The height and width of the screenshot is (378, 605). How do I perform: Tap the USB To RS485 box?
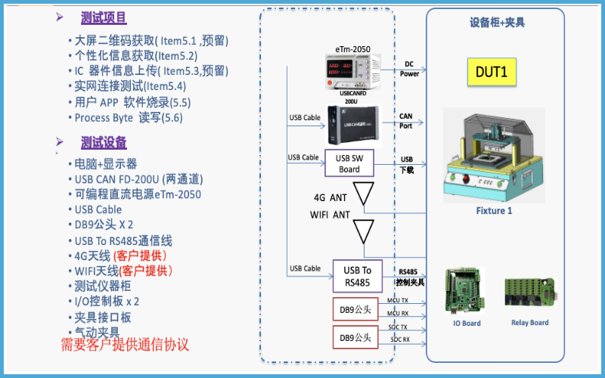pos(357,276)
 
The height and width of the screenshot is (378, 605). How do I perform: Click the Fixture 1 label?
pos(494,211)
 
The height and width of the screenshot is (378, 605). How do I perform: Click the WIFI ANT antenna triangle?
pos(365,228)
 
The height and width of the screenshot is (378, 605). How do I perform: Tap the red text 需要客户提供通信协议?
pos(125,345)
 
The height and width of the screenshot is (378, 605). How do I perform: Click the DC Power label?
pos(409,69)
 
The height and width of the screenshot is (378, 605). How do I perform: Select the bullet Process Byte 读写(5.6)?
pos(129,118)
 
